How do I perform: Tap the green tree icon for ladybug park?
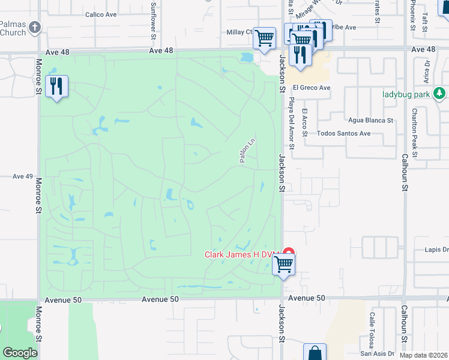pyautogui.click(x=440, y=93)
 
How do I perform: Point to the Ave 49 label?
pyautogui.click(x=22, y=176)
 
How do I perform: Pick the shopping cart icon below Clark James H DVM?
pyautogui.click(x=283, y=264)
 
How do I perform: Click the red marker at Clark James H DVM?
pyautogui.click(x=289, y=253)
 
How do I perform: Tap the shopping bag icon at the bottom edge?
pyautogui.click(x=315, y=353)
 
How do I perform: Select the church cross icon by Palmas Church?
pyautogui.click(x=35, y=27)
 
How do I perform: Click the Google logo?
pyautogui.click(x=20, y=353)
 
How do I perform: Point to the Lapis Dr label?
pyautogui.click(x=436, y=250)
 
